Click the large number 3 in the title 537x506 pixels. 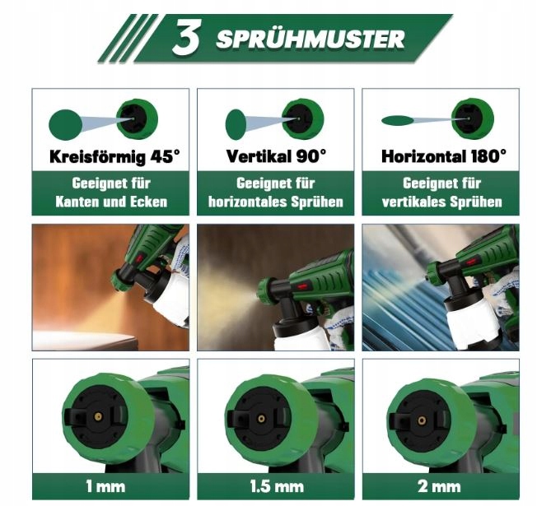tap(187, 38)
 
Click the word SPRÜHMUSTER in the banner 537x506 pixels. tap(311, 39)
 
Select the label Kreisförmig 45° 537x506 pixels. tap(114, 157)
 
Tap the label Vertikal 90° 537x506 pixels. tap(276, 156)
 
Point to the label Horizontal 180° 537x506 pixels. tap(443, 156)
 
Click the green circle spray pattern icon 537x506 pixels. tap(65, 124)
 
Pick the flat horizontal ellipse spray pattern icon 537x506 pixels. tap(398, 120)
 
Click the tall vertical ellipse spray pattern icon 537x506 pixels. tap(236, 124)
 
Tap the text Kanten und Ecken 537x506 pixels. tap(111, 202)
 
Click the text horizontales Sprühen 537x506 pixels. tap(276, 202)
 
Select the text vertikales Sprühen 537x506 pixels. tap(441, 202)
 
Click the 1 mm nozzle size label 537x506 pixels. tap(105, 486)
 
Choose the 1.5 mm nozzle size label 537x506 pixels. tap(277, 486)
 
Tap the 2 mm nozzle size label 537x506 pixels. tap(439, 486)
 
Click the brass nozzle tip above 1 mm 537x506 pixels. tap(98, 416)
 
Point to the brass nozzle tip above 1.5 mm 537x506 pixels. tap(261, 419)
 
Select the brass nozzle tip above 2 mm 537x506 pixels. tap(422, 420)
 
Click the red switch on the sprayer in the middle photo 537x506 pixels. tap(301, 285)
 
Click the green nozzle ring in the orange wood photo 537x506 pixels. tap(120, 280)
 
